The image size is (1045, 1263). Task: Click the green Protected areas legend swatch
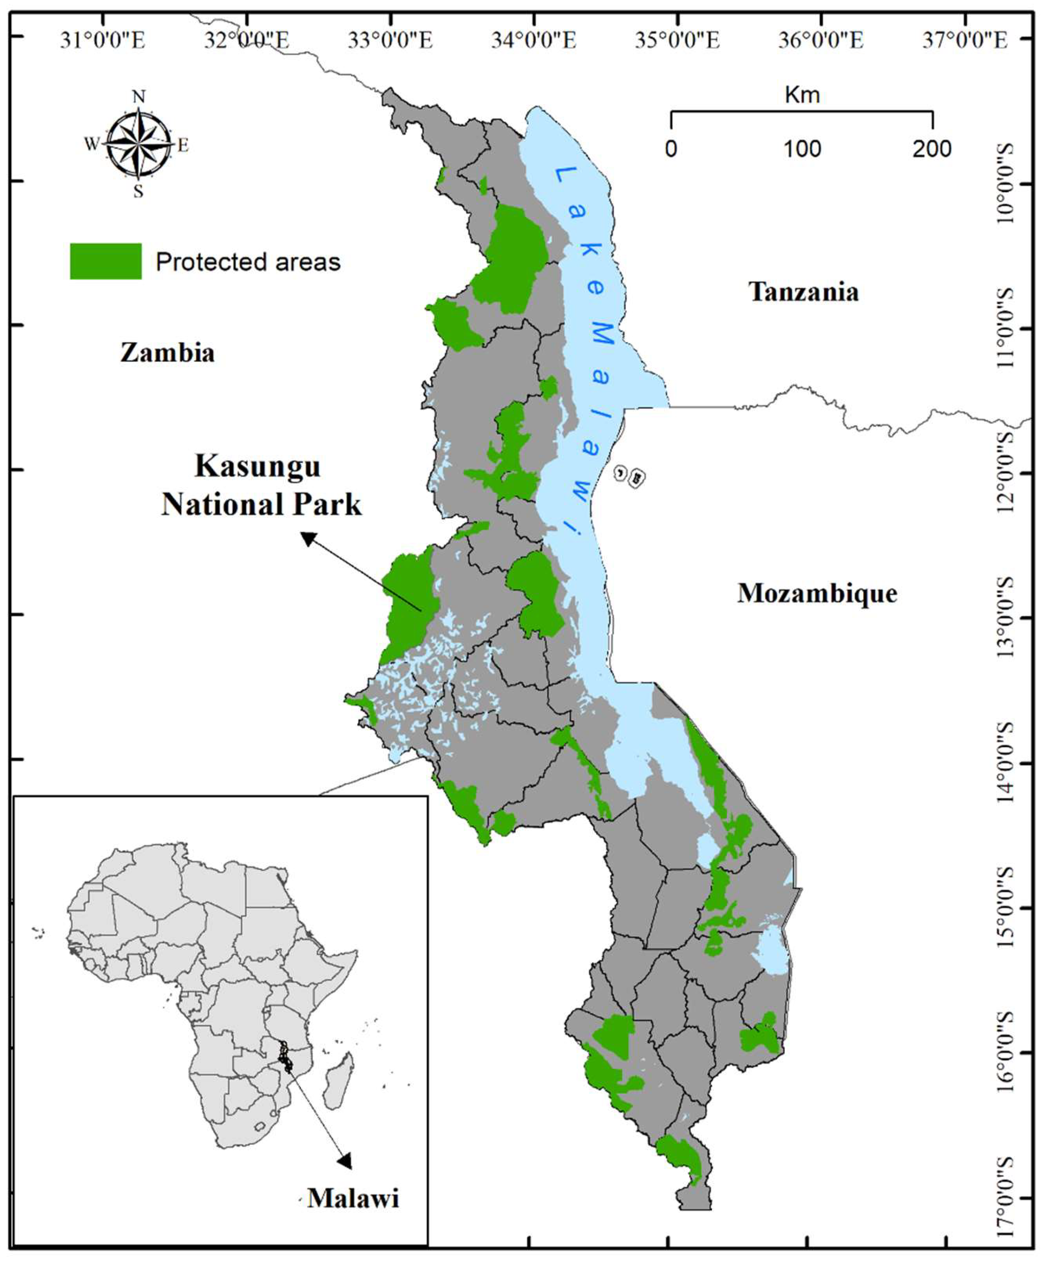(x=106, y=261)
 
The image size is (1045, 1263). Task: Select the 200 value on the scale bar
(x=932, y=149)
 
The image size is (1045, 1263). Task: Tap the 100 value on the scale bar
(x=803, y=149)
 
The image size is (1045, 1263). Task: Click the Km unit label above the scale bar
(x=802, y=95)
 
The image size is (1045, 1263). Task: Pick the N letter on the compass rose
(x=139, y=97)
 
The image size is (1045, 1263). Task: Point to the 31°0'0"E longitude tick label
(x=102, y=40)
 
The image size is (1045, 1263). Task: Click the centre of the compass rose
(x=138, y=145)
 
